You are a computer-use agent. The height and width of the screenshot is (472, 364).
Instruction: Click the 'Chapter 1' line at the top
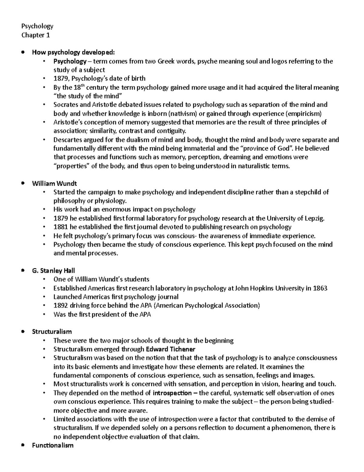coord(35,35)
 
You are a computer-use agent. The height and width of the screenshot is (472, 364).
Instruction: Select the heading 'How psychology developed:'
coord(74,53)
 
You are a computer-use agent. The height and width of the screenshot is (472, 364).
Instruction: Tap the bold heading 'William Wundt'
coord(54,183)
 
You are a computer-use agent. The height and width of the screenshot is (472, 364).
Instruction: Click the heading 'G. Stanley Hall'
coord(53,270)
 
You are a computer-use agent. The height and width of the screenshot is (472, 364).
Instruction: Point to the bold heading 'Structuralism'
coord(52,331)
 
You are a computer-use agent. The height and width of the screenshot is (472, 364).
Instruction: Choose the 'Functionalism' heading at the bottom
coord(53,446)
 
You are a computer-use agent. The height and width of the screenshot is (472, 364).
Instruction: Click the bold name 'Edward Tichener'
coord(170,349)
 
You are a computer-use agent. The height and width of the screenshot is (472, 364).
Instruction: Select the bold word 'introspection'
coord(172,393)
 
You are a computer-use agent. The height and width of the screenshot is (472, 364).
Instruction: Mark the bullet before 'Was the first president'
coord(44,314)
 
